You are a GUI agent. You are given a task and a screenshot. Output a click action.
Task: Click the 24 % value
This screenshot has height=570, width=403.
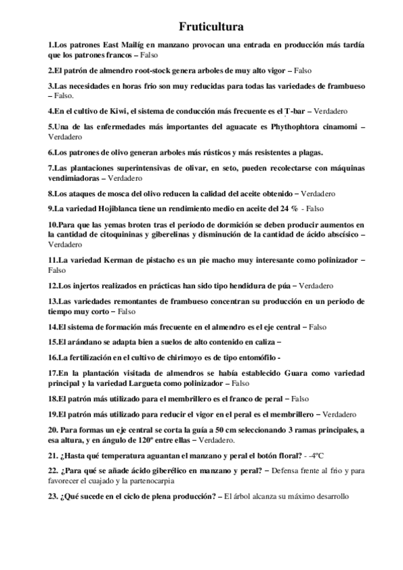pyautogui.click(x=288, y=208)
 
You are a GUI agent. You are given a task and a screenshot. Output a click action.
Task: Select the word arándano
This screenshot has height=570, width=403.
pyautogui.click(x=77, y=341)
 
